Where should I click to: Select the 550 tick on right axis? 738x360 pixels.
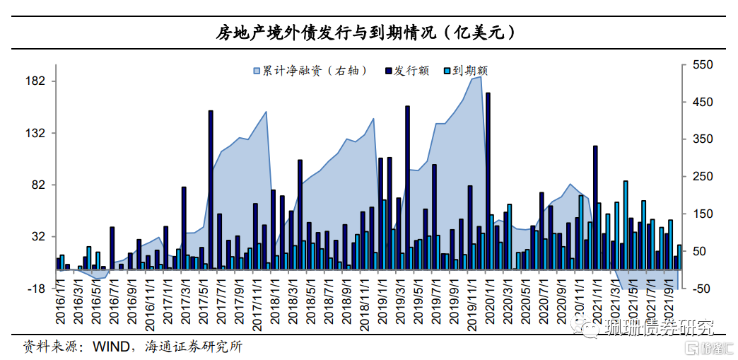click(703, 65)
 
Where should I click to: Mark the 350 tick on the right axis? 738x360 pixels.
click(703, 139)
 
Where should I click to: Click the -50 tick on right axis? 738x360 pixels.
click(703, 289)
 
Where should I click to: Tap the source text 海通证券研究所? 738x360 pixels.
click(192, 347)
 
